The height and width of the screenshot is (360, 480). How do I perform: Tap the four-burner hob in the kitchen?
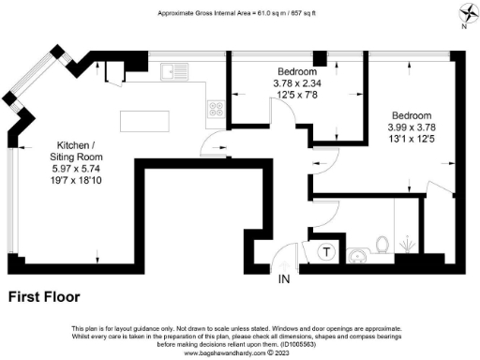click(x=215, y=107)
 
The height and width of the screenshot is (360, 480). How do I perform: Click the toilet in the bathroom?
click(x=382, y=244)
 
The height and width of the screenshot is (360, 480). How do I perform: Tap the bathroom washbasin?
click(x=357, y=255)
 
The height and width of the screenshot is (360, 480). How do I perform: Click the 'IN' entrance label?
click(x=284, y=279)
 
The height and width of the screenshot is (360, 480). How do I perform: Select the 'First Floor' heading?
click(x=44, y=297)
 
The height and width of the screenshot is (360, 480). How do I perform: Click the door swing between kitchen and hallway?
click(x=215, y=146)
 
